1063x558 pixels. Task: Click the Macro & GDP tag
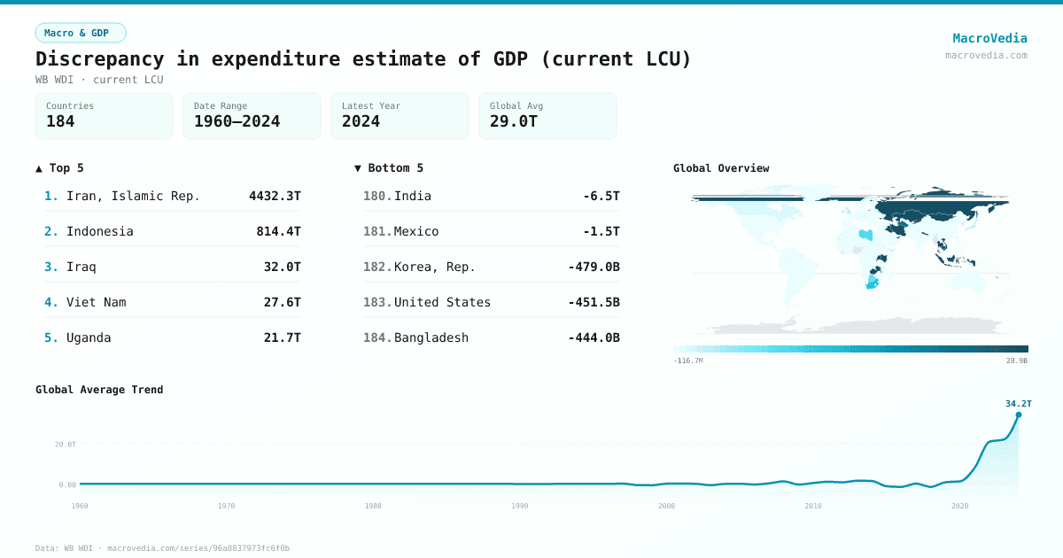pyautogui.click(x=81, y=33)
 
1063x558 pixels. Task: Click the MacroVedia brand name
pyautogui.click(x=989, y=38)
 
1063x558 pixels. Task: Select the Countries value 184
pyautogui.click(x=60, y=121)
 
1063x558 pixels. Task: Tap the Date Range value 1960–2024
pyautogui.click(x=237, y=121)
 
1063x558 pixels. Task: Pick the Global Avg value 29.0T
pyautogui.click(x=514, y=121)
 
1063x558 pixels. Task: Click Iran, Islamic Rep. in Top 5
pyautogui.click(x=133, y=196)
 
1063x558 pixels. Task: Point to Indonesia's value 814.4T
pyautogui.click(x=278, y=231)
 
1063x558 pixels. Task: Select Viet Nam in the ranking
pyautogui.click(x=96, y=302)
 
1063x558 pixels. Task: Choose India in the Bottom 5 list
pyautogui.click(x=412, y=196)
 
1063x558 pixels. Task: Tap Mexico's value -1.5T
pyautogui.click(x=601, y=231)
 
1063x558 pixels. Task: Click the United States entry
pyautogui.click(x=442, y=302)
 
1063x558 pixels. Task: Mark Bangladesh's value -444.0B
pyautogui.click(x=594, y=337)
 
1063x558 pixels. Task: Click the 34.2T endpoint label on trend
pyautogui.click(x=1018, y=404)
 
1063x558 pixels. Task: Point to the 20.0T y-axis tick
pyautogui.click(x=66, y=444)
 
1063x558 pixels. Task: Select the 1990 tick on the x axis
pyautogui.click(x=520, y=506)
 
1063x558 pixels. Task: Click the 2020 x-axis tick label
pyautogui.click(x=959, y=506)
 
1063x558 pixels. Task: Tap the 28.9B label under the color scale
pyautogui.click(x=1017, y=361)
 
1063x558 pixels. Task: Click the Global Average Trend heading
pyautogui.click(x=99, y=390)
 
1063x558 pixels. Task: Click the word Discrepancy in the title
pyautogui.click(x=99, y=59)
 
